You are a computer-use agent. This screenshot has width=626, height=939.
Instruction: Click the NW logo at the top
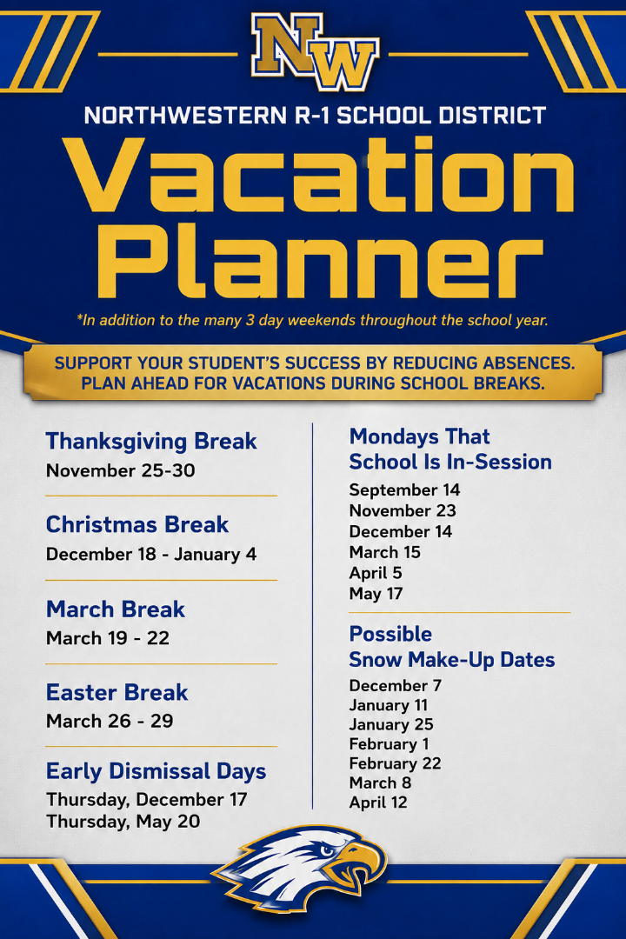[315, 52]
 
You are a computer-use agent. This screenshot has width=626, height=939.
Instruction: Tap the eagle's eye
[327, 850]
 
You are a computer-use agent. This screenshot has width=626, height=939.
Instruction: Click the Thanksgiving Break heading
[151, 442]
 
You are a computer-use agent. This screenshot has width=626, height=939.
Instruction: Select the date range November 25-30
[120, 470]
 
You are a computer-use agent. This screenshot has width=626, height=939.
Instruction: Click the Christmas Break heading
[137, 525]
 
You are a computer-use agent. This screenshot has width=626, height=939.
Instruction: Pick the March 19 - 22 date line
[108, 638]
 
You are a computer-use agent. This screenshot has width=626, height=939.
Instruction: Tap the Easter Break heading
[117, 693]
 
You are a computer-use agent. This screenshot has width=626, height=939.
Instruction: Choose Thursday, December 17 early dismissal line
[147, 800]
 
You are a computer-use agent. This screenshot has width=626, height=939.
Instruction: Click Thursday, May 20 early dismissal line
[123, 822]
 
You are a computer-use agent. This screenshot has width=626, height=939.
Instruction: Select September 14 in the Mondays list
[404, 490]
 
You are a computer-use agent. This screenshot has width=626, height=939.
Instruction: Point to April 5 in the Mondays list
[376, 574]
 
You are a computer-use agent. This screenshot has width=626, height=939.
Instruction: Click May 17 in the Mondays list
[376, 594]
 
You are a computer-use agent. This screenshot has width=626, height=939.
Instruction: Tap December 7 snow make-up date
[396, 686]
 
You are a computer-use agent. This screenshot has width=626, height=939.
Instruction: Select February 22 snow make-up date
[395, 763]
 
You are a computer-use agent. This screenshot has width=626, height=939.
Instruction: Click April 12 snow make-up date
[378, 802]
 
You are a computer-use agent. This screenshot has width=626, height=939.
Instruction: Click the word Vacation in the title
[318, 175]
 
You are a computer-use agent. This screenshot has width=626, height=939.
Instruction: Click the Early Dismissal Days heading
[156, 771]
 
